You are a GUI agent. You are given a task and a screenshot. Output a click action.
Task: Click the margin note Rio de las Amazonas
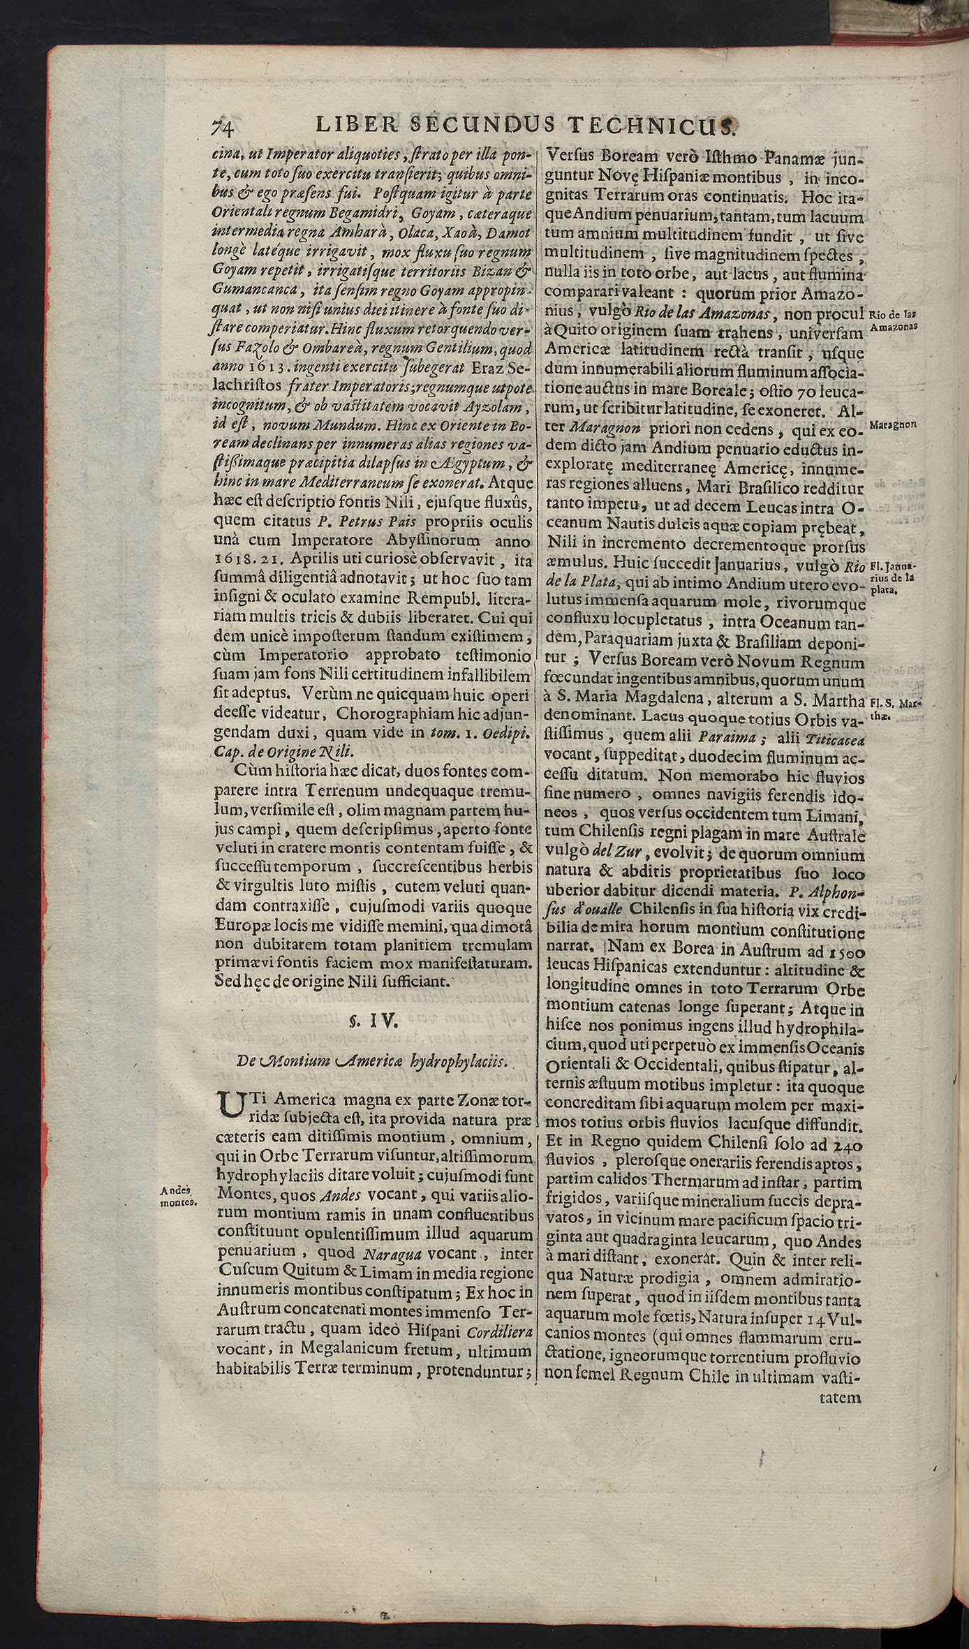click(894, 320)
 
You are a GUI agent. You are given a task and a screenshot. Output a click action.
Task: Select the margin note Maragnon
click(894, 424)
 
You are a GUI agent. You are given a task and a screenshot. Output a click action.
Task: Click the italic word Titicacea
click(834, 739)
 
